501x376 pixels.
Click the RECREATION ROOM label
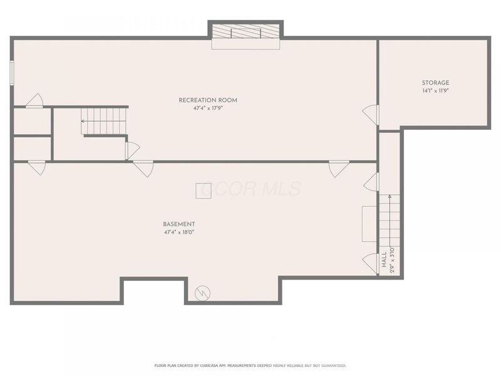208,100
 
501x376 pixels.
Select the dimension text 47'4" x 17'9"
208,108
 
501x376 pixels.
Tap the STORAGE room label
435,83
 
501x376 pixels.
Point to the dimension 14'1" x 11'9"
435,91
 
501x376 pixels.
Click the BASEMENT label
179,224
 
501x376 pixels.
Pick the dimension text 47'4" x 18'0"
179,232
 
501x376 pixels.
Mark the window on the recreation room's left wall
12,72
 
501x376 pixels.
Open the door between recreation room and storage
372,115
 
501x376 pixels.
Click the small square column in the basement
203,191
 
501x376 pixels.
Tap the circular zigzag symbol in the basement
203,293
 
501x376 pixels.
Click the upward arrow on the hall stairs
390,199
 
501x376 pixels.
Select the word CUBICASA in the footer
210,365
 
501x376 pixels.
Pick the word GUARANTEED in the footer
330,365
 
